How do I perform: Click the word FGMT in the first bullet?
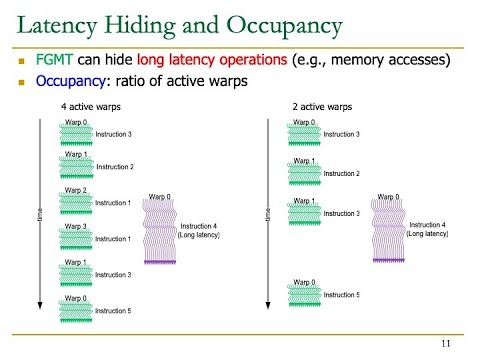pyautogui.click(x=53, y=60)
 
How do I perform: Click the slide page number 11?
pyautogui.click(x=446, y=343)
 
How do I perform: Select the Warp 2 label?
pyautogui.click(x=76, y=190)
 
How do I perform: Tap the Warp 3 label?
pyautogui.click(x=76, y=226)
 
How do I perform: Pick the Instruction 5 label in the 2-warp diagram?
pyautogui.click(x=341, y=295)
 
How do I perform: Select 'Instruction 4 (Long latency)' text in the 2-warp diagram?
pyautogui.click(x=428, y=230)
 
